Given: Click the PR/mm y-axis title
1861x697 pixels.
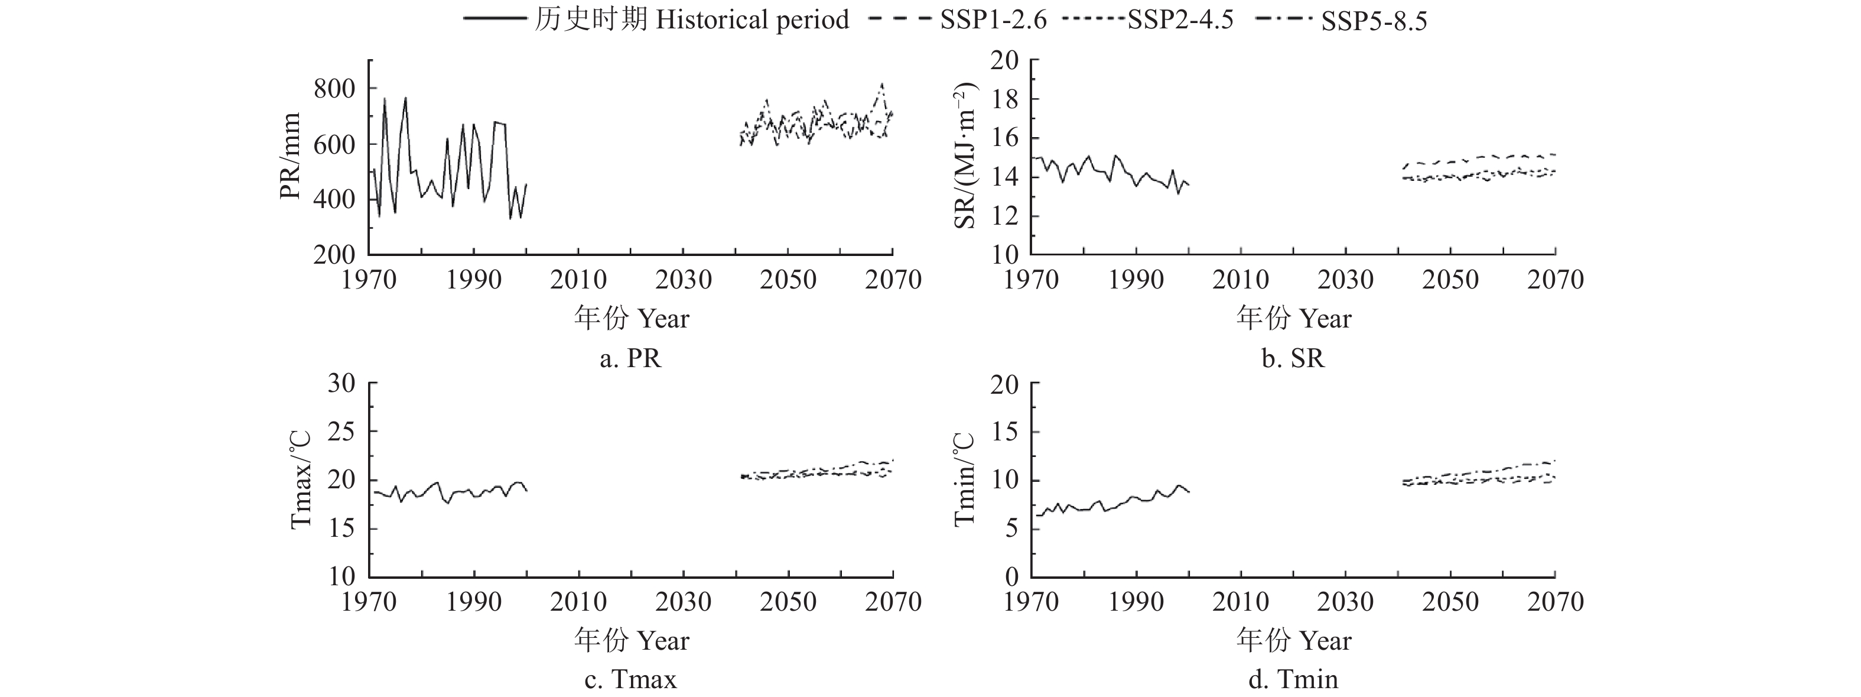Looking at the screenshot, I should click(x=291, y=156).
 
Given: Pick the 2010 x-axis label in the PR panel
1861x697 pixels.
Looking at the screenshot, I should click(x=578, y=280).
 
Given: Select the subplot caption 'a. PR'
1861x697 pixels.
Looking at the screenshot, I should click(x=630, y=358).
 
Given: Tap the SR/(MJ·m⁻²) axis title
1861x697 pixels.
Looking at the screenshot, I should click(x=965, y=156).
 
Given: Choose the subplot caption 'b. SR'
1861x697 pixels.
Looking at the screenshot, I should click(x=1293, y=358).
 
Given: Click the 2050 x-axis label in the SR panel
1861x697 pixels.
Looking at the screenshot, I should click(x=1450, y=280).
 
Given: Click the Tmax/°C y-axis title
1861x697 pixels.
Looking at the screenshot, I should click(x=301, y=479).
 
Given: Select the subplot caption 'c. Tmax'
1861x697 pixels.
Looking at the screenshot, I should click(x=630, y=680).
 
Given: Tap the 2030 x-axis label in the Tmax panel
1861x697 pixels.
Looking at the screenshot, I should click(x=683, y=602).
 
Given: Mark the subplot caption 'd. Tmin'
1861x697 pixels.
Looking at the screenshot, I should click(x=1293, y=680).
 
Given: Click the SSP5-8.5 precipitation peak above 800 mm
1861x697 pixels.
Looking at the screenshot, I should click(x=882, y=85).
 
